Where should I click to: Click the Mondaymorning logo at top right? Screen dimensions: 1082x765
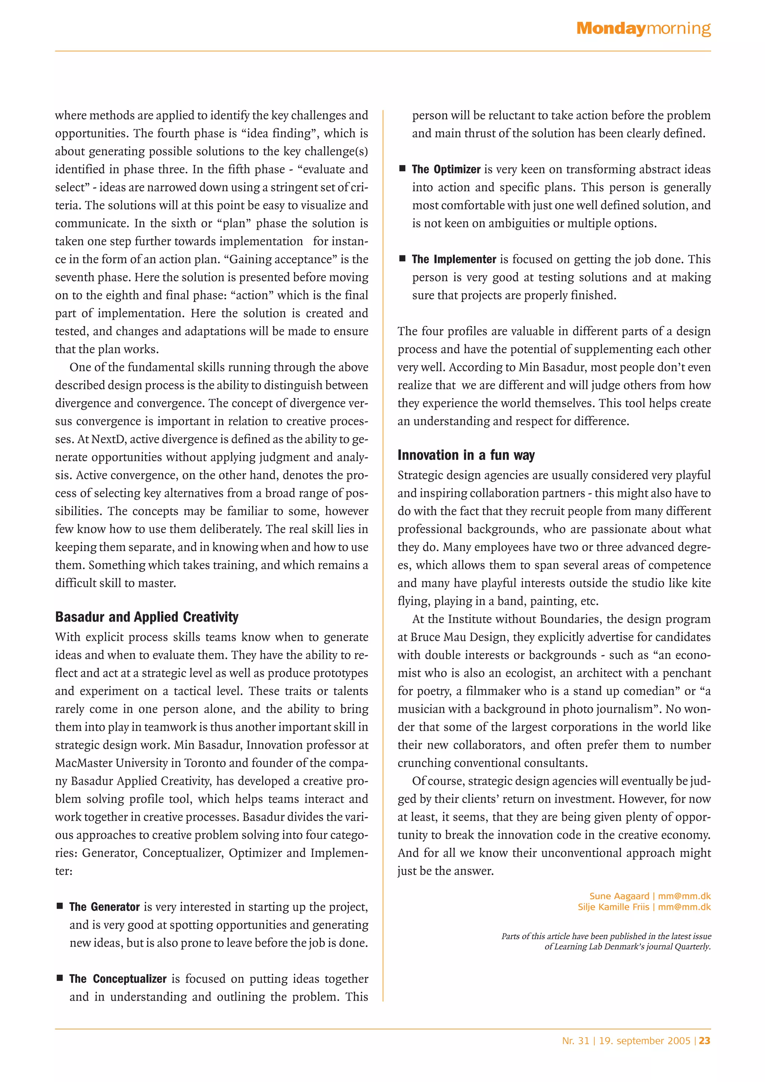pyautogui.click(x=643, y=29)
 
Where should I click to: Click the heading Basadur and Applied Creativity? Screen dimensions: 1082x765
pyautogui.click(x=146, y=616)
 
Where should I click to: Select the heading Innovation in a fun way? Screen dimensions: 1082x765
pyautogui.click(x=466, y=455)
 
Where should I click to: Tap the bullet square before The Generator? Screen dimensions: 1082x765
pyautogui.click(x=60, y=906)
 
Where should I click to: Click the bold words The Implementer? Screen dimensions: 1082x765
pyautogui.click(x=453, y=259)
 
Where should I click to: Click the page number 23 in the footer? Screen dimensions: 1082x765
pyautogui.click(x=704, y=1041)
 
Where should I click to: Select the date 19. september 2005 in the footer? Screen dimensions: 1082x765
pyautogui.click(x=644, y=1041)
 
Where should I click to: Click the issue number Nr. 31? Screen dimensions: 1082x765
pyautogui.click(x=575, y=1041)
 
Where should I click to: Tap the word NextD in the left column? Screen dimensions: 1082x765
pyautogui.click(x=108, y=439)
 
